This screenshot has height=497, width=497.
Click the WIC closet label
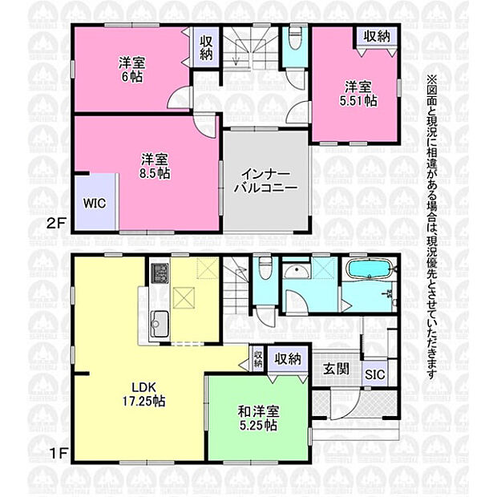click(95, 203)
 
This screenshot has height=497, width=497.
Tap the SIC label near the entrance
click(375, 374)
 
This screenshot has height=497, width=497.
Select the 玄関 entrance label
click(336, 369)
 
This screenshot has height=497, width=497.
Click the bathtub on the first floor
click(369, 269)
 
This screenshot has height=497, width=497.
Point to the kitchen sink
click(160, 323)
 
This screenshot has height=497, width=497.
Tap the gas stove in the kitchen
click(160, 273)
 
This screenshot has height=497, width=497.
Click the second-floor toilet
click(295, 39)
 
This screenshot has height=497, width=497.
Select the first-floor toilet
click(265, 269)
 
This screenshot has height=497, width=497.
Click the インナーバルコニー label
click(265, 181)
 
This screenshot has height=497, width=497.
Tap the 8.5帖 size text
click(155, 173)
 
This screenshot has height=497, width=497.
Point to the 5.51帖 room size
click(358, 101)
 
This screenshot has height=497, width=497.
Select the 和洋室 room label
click(259, 411)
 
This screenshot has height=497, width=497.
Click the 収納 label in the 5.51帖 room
click(377, 37)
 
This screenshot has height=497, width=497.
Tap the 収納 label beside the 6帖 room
click(206, 48)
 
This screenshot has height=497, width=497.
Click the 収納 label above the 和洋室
click(288, 359)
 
